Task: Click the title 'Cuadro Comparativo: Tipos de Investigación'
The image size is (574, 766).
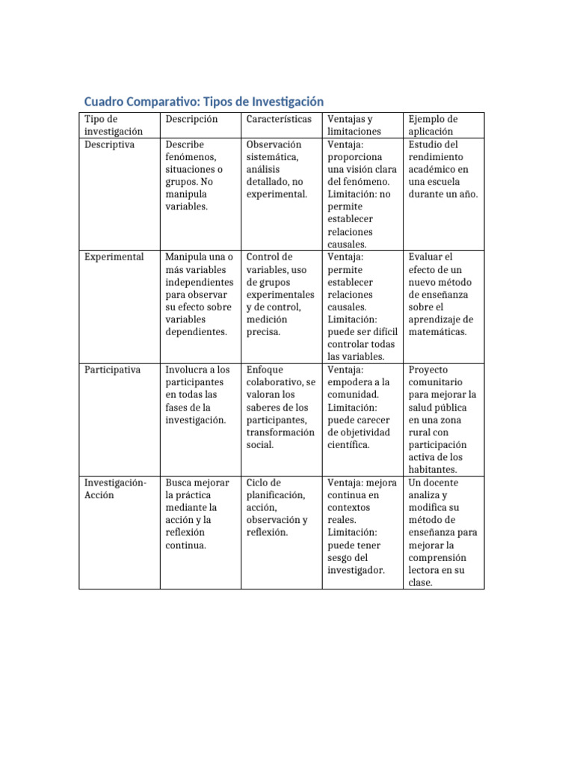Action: click(x=203, y=102)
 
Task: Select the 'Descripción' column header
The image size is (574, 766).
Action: click(x=191, y=119)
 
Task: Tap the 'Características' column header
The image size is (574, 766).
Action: click(x=274, y=119)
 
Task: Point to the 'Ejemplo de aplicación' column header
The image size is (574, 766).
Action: click(x=433, y=125)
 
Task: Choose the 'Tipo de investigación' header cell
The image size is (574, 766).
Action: click(x=113, y=125)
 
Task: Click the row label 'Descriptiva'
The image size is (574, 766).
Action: click(x=109, y=144)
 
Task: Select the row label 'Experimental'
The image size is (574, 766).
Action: click(x=114, y=257)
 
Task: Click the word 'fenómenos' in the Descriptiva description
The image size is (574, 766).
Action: click(x=191, y=157)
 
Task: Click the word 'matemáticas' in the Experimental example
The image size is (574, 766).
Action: click(x=437, y=332)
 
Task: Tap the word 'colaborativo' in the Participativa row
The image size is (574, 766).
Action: click(x=275, y=382)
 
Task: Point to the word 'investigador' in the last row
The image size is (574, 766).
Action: click(x=356, y=570)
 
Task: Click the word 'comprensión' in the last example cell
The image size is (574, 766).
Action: click(x=437, y=557)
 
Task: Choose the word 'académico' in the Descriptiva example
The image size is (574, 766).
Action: click(x=431, y=170)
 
